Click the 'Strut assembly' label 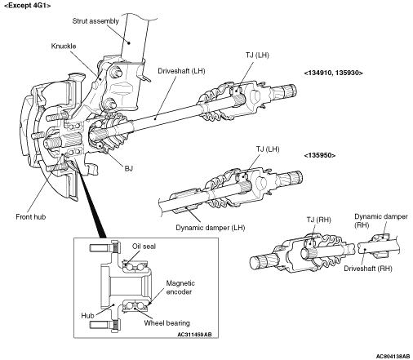click(95, 21)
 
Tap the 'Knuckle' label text click(64, 46)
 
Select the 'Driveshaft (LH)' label click(181, 71)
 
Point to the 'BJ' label click(128, 168)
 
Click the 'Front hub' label click(31, 217)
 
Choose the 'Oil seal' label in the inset click(144, 247)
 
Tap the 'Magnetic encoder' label click(180, 287)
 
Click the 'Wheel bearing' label click(167, 323)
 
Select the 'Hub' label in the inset click(87, 316)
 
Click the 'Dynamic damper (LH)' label click(211, 228)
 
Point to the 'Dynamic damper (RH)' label click(381, 220)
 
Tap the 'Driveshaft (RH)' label click(368, 269)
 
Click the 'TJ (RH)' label click(318, 220)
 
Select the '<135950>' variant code click(320, 155)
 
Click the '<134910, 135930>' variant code click(333, 73)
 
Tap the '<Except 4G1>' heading click(27, 6)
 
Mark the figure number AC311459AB click(194, 335)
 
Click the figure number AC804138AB click(393, 356)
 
